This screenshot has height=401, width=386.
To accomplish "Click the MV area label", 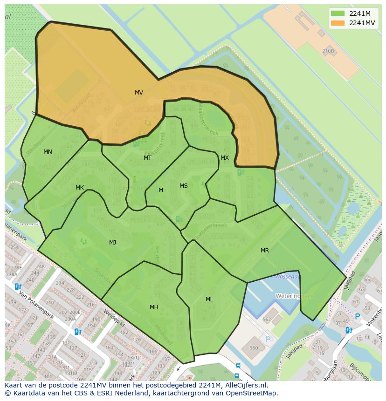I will tap(139, 93).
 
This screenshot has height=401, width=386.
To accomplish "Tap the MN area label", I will tap(48, 152).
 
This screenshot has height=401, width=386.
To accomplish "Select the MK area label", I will tap(80, 188).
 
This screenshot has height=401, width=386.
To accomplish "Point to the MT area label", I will tap(147, 158).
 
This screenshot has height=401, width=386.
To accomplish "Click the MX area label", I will tap(225, 158).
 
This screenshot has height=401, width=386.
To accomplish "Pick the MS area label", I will tap(184, 186).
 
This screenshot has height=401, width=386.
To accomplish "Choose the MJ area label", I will tap(113, 242).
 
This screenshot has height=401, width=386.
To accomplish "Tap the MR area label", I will tap(265, 251).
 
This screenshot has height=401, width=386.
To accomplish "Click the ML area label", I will tap(209, 299).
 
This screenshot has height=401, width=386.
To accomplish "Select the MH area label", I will tap(154, 307).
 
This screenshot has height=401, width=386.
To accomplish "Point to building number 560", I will tap(254, 348).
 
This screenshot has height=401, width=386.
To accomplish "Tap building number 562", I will tap(267, 319).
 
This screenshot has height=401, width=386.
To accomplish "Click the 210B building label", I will tap(328, 51).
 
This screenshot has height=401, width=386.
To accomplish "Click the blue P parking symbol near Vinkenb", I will tap(357, 316).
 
